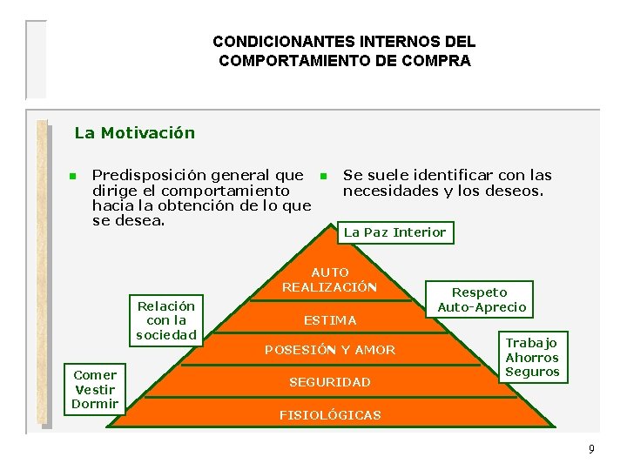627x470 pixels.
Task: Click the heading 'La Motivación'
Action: (135, 133)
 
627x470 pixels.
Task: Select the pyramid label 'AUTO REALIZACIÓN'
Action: (329, 279)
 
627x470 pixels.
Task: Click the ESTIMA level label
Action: (330, 320)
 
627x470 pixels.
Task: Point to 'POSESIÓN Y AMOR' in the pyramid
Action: (330, 350)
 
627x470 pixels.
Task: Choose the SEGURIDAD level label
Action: (330, 382)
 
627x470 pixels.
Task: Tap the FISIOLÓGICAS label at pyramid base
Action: (330, 415)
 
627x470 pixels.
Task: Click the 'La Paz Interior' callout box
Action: (394, 232)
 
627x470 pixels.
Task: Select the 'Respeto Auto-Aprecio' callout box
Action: (481, 299)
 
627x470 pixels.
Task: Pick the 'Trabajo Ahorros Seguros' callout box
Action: (532, 357)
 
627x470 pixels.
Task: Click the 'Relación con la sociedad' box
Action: (166, 320)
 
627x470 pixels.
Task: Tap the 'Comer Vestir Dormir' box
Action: (95, 389)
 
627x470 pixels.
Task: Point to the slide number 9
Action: (591, 449)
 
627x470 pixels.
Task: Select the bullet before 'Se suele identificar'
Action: (321, 177)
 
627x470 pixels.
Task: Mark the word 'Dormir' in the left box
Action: (95, 404)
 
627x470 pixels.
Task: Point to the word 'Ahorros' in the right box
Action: (532, 358)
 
